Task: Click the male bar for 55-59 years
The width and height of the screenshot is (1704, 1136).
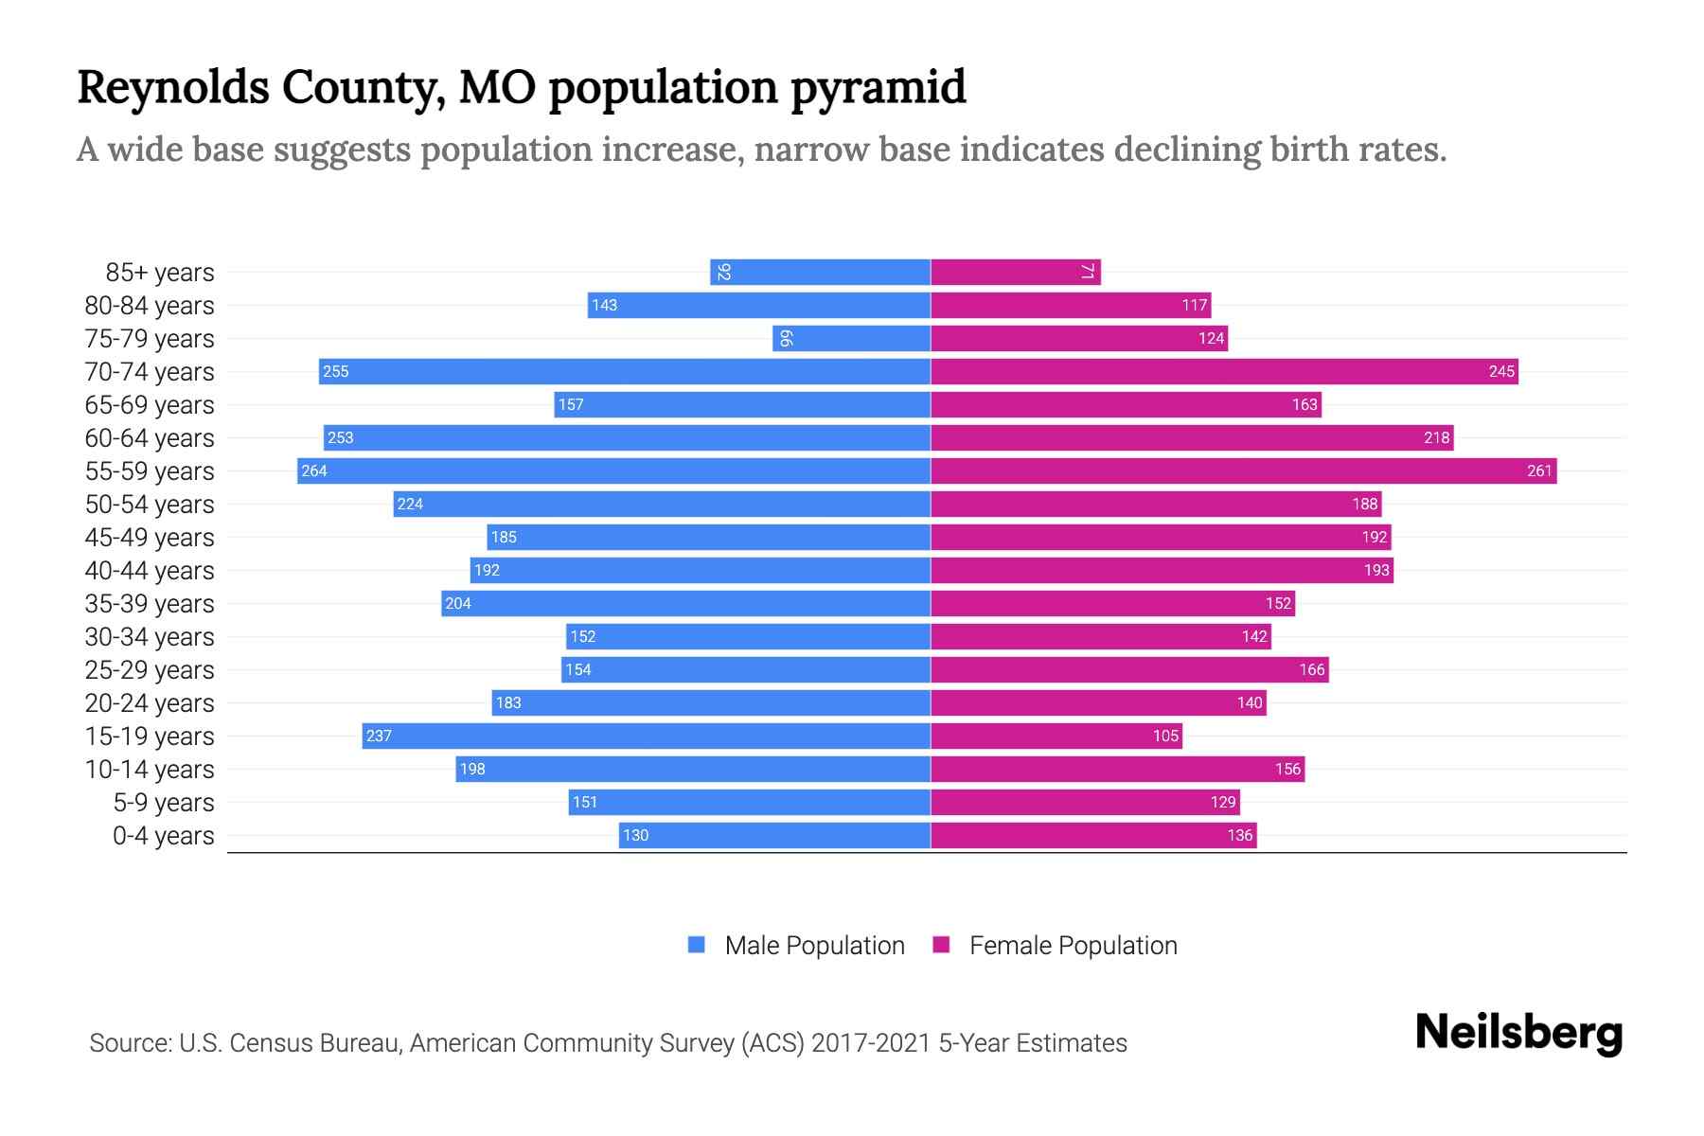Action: click(x=613, y=470)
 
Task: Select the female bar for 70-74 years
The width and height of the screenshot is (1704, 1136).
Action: click(x=1224, y=371)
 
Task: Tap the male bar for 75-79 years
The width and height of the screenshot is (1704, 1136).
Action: click(x=851, y=338)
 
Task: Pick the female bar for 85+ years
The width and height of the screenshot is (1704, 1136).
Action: click(x=1015, y=272)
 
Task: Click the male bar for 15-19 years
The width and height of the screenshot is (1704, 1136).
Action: click(x=646, y=736)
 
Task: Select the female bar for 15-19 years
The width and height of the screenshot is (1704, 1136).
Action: click(x=1056, y=736)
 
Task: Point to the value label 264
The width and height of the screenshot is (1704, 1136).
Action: click(x=314, y=470)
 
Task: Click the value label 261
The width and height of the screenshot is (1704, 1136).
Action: click(x=1539, y=470)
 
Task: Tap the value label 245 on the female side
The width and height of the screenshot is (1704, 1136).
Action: click(x=1501, y=371)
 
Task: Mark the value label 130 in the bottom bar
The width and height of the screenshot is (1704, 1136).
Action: click(x=636, y=835)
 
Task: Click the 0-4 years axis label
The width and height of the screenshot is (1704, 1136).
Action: click(x=163, y=836)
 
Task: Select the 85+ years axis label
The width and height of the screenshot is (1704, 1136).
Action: click(x=160, y=273)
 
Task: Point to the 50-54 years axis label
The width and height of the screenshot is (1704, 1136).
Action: click(x=150, y=505)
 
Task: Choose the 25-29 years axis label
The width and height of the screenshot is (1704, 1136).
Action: click(x=150, y=670)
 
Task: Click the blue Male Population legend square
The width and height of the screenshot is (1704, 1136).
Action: click(x=697, y=945)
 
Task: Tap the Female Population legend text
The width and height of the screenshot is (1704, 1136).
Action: click(x=1073, y=946)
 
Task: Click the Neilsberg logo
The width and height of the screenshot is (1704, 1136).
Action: click(x=1518, y=1033)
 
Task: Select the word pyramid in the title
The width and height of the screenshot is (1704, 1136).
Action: click(x=878, y=88)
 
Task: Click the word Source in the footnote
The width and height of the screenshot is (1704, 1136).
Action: click(x=130, y=1043)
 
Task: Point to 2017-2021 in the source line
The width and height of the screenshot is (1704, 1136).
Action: click(x=871, y=1043)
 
